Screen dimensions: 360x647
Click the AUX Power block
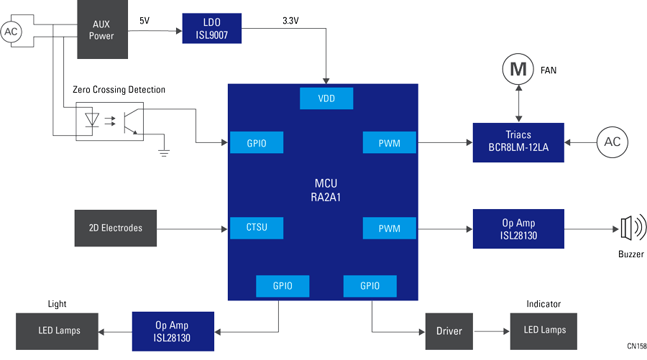pyautogui.click(x=101, y=29)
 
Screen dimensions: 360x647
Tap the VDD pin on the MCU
pyautogui.click(x=326, y=98)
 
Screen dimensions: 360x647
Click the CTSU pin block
pyautogui.click(x=256, y=228)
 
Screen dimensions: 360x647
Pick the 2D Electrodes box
pyautogui.click(x=116, y=228)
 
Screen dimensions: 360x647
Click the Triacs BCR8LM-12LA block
pyautogui.click(x=518, y=142)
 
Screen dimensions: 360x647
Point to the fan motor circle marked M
pyautogui.click(x=518, y=70)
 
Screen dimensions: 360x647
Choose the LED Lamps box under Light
pyautogui.click(x=59, y=331)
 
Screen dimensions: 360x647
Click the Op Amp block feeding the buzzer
pyautogui.click(x=518, y=229)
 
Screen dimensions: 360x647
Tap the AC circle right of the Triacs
pyautogui.click(x=612, y=142)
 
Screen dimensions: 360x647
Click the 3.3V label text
pyautogui.click(x=290, y=22)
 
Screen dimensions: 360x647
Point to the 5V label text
pyautogui.click(x=144, y=21)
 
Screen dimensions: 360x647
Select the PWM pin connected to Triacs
pyautogui.click(x=390, y=142)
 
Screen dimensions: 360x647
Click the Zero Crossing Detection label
pyautogui.click(x=119, y=90)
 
